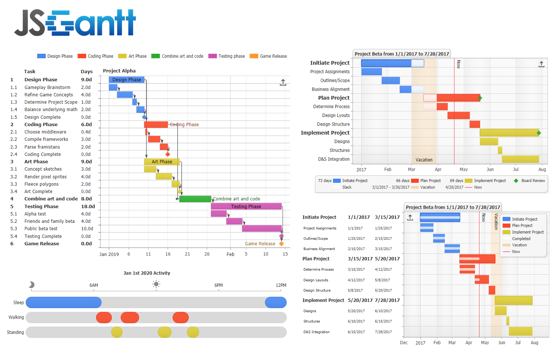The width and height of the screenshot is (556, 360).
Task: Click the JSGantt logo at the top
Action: tap(75, 23)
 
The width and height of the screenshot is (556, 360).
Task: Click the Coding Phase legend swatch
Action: tap(82, 56)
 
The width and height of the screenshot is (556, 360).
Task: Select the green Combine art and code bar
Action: tap(195, 199)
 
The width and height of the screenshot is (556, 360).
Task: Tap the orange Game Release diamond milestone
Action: tap(281, 244)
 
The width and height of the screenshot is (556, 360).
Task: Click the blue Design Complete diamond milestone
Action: tap(144, 117)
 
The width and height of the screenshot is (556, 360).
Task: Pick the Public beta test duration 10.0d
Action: tap(87, 229)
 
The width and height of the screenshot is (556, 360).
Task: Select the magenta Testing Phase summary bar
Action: tap(246, 207)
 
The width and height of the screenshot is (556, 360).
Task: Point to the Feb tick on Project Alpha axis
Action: tap(230, 254)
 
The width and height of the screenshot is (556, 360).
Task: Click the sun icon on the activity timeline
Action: tap(156, 284)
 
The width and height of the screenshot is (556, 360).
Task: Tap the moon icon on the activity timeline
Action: tap(32, 285)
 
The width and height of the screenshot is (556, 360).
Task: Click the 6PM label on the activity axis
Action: tap(219, 285)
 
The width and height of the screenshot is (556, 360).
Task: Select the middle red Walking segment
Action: tap(130, 318)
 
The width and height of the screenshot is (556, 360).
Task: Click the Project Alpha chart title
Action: tap(119, 71)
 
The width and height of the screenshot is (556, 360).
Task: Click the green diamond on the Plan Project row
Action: tap(480, 98)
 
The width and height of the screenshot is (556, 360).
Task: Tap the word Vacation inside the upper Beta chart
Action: tap(424, 160)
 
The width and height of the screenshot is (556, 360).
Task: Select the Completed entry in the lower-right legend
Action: tap(521, 239)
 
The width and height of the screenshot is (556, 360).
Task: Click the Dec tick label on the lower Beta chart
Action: tap(404, 343)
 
